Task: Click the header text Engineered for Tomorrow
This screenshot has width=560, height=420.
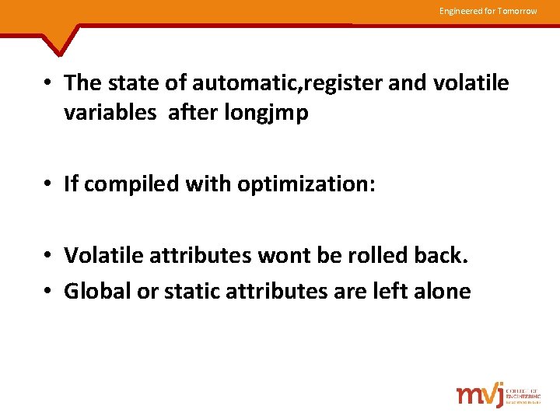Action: [x=488, y=11]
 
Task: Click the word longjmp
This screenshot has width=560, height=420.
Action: [x=266, y=114]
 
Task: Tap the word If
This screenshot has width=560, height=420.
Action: [x=71, y=184]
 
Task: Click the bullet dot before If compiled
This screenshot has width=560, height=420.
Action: [x=48, y=184]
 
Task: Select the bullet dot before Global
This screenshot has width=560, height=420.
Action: [x=48, y=292]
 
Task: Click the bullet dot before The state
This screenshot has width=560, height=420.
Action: [x=48, y=83]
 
